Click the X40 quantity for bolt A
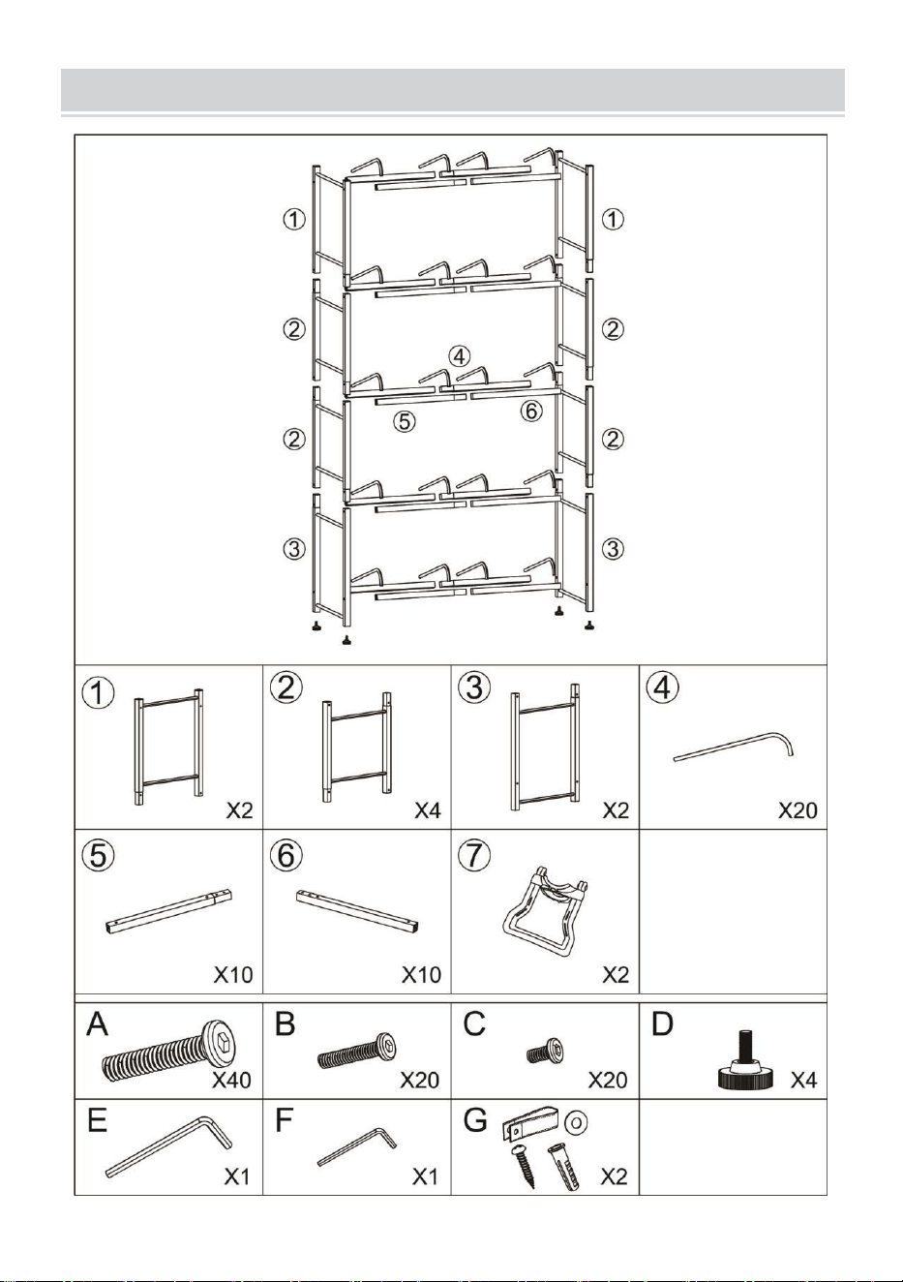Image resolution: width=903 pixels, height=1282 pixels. coord(231,1080)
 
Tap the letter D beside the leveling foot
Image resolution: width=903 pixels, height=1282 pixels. coord(662,1023)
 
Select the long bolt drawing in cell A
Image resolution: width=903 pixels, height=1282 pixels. coord(170,1051)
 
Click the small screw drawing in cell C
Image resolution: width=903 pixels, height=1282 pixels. coord(545,1051)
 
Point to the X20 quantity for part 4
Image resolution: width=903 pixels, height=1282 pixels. coord(798,810)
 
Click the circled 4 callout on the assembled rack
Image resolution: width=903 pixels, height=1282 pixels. coord(459,356)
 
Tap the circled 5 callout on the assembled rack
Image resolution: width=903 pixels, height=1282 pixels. coord(404,422)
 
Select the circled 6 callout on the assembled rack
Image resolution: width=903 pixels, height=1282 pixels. coord(531,410)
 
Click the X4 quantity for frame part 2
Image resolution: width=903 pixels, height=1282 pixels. coord(428,810)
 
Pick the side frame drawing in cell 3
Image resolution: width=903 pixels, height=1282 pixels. coord(545,747)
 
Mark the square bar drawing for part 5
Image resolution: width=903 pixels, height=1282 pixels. coord(170,912)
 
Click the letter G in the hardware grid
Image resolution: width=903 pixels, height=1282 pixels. coord(474,1120)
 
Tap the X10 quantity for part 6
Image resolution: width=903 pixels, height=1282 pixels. coord(421,975)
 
